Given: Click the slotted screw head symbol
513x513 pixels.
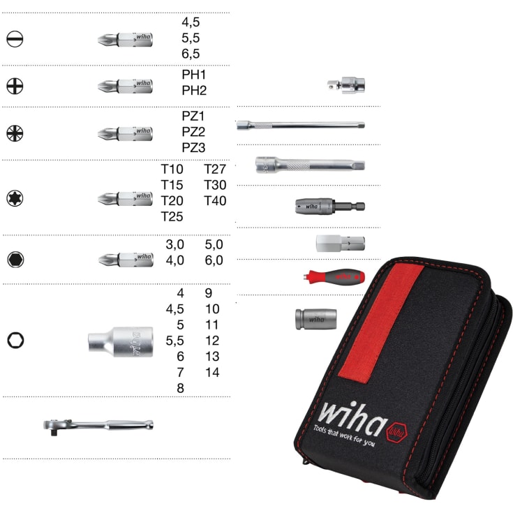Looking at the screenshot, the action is pyautogui.click(x=15, y=39).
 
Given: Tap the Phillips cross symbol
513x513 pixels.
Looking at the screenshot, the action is pyautogui.click(x=15, y=86).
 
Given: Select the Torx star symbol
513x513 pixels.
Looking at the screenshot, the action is pyautogui.click(x=15, y=198).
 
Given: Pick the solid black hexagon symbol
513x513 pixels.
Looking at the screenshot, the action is pyautogui.click(x=15, y=260).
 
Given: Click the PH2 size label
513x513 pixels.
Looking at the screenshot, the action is pyautogui.click(x=194, y=91).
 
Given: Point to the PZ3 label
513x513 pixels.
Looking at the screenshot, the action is pyautogui.click(x=193, y=147).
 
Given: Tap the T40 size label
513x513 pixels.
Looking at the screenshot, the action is pyautogui.click(x=215, y=201).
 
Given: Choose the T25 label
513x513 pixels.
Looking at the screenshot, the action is pyautogui.click(x=172, y=216).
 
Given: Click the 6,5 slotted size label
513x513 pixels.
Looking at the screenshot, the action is pyautogui.click(x=191, y=54).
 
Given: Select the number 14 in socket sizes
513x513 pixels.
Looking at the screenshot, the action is pyautogui.click(x=212, y=372).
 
